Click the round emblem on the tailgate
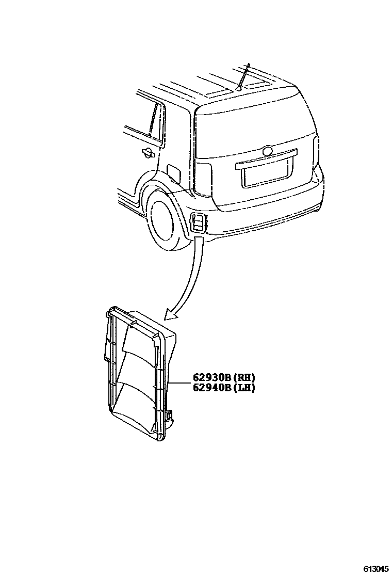coord(267,152)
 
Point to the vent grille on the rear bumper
coord(198,222)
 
